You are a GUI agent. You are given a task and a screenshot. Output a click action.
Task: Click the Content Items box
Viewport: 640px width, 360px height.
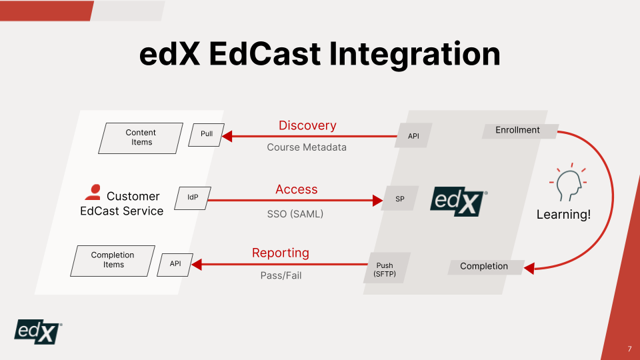[x=141, y=138]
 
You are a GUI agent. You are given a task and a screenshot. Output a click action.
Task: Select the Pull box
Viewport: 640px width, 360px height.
[x=207, y=134]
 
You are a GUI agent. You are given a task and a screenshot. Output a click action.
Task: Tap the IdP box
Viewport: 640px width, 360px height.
[x=192, y=197]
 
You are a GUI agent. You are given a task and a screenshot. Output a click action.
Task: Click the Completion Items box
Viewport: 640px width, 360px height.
[x=113, y=260]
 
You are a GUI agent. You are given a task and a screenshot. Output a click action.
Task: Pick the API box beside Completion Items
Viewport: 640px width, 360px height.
[x=175, y=264]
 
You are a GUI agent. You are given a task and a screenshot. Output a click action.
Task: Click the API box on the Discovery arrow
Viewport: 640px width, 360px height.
[x=413, y=136]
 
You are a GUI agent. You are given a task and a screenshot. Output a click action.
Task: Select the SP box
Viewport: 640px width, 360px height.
[x=400, y=199]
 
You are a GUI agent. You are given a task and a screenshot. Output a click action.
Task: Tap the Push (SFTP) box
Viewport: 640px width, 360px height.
[x=385, y=269]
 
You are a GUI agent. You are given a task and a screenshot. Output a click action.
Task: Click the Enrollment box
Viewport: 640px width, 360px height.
[x=518, y=131]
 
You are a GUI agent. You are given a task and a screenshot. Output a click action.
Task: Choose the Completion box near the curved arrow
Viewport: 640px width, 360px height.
[x=484, y=267]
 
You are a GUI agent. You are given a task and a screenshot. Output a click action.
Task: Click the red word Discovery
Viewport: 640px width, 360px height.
[x=307, y=125]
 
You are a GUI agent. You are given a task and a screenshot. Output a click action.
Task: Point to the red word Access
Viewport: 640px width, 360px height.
[x=297, y=189]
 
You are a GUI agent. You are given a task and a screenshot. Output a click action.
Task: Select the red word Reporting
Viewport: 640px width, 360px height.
[x=281, y=253]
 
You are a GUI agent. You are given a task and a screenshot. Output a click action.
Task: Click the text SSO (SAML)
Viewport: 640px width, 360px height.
[x=290, y=214]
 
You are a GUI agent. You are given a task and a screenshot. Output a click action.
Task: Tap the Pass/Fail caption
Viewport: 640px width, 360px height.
[x=281, y=275]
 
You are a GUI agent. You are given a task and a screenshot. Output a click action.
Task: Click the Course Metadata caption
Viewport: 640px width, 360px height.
[x=307, y=147]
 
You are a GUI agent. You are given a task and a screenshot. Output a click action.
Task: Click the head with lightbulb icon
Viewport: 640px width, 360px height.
[x=565, y=183]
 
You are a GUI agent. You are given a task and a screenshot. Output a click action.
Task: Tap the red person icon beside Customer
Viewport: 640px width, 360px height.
[x=93, y=193]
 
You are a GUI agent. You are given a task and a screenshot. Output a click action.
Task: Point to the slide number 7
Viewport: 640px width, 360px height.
[x=629, y=349]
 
